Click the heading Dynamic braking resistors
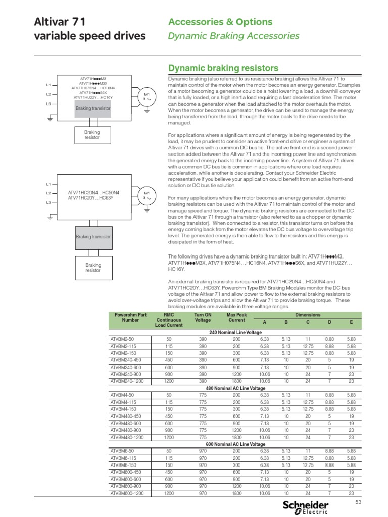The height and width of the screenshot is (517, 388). tap(223, 68)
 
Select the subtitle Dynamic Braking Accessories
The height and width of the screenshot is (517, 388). tap(233, 36)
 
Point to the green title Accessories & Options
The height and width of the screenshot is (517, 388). tap(220, 22)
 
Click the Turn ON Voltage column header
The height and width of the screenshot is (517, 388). tap(203, 317)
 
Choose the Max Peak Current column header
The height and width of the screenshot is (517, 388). tap(236, 317)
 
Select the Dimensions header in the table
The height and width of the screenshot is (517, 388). tap(308, 314)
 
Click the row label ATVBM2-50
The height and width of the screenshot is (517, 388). tap(122, 340)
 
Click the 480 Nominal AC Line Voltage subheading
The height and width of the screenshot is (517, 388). tap(236, 388)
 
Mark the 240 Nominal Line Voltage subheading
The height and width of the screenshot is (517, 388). tap(236, 333)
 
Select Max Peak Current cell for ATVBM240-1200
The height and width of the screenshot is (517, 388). tap(236, 382)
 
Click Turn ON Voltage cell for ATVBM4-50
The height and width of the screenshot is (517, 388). tap(203, 395)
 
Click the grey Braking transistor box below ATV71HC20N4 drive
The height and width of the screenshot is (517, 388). tap(93, 236)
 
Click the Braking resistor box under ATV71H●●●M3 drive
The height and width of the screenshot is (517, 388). tap(92, 135)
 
